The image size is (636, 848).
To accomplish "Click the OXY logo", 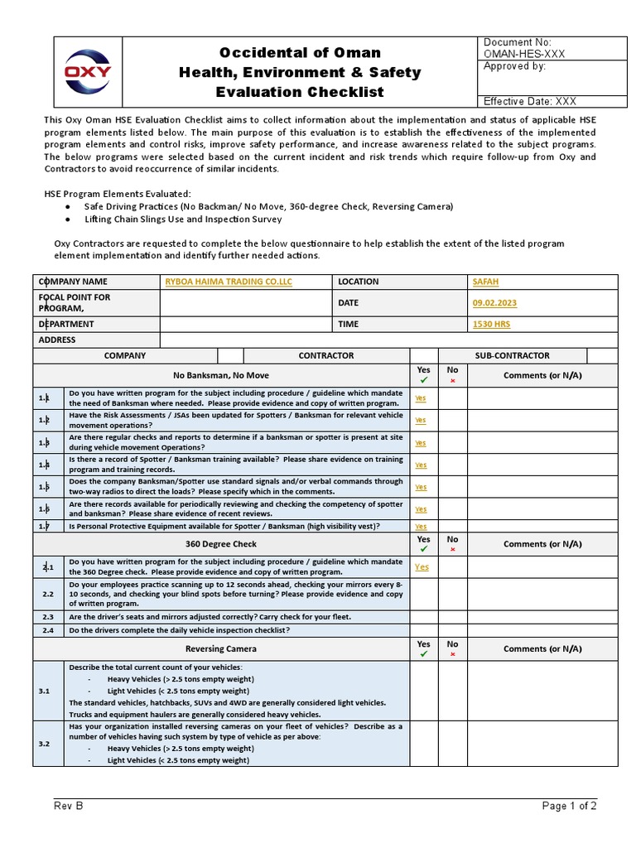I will click(89, 71).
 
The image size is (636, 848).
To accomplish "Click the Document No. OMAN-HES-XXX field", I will click(518, 48).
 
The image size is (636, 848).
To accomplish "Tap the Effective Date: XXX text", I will click(530, 101).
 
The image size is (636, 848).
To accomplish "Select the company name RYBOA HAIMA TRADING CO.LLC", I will click(229, 282).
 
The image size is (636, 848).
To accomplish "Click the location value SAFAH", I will click(485, 282).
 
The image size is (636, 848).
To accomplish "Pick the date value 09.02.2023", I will click(494, 303).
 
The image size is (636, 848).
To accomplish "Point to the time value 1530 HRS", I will click(491, 324).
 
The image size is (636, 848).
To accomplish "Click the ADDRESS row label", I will click(57, 340).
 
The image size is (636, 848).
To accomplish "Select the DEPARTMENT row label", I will click(66, 324).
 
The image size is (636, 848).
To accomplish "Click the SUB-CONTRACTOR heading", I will click(512, 355).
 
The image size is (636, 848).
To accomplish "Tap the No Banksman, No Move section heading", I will click(221, 375).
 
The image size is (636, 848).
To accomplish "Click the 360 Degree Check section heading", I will click(221, 544).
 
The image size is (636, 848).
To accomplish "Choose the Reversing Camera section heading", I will click(221, 648).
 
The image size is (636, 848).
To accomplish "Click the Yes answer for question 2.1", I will click(422, 567).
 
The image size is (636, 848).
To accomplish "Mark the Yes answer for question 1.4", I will click(421, 465).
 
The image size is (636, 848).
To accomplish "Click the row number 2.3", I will click(47, 617).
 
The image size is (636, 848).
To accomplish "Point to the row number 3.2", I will click(45, 744).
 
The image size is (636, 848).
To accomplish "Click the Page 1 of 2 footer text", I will click(570, 806).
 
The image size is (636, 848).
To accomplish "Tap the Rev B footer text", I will click(69, 806).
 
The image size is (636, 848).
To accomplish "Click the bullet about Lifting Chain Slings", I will click(183, 219).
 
